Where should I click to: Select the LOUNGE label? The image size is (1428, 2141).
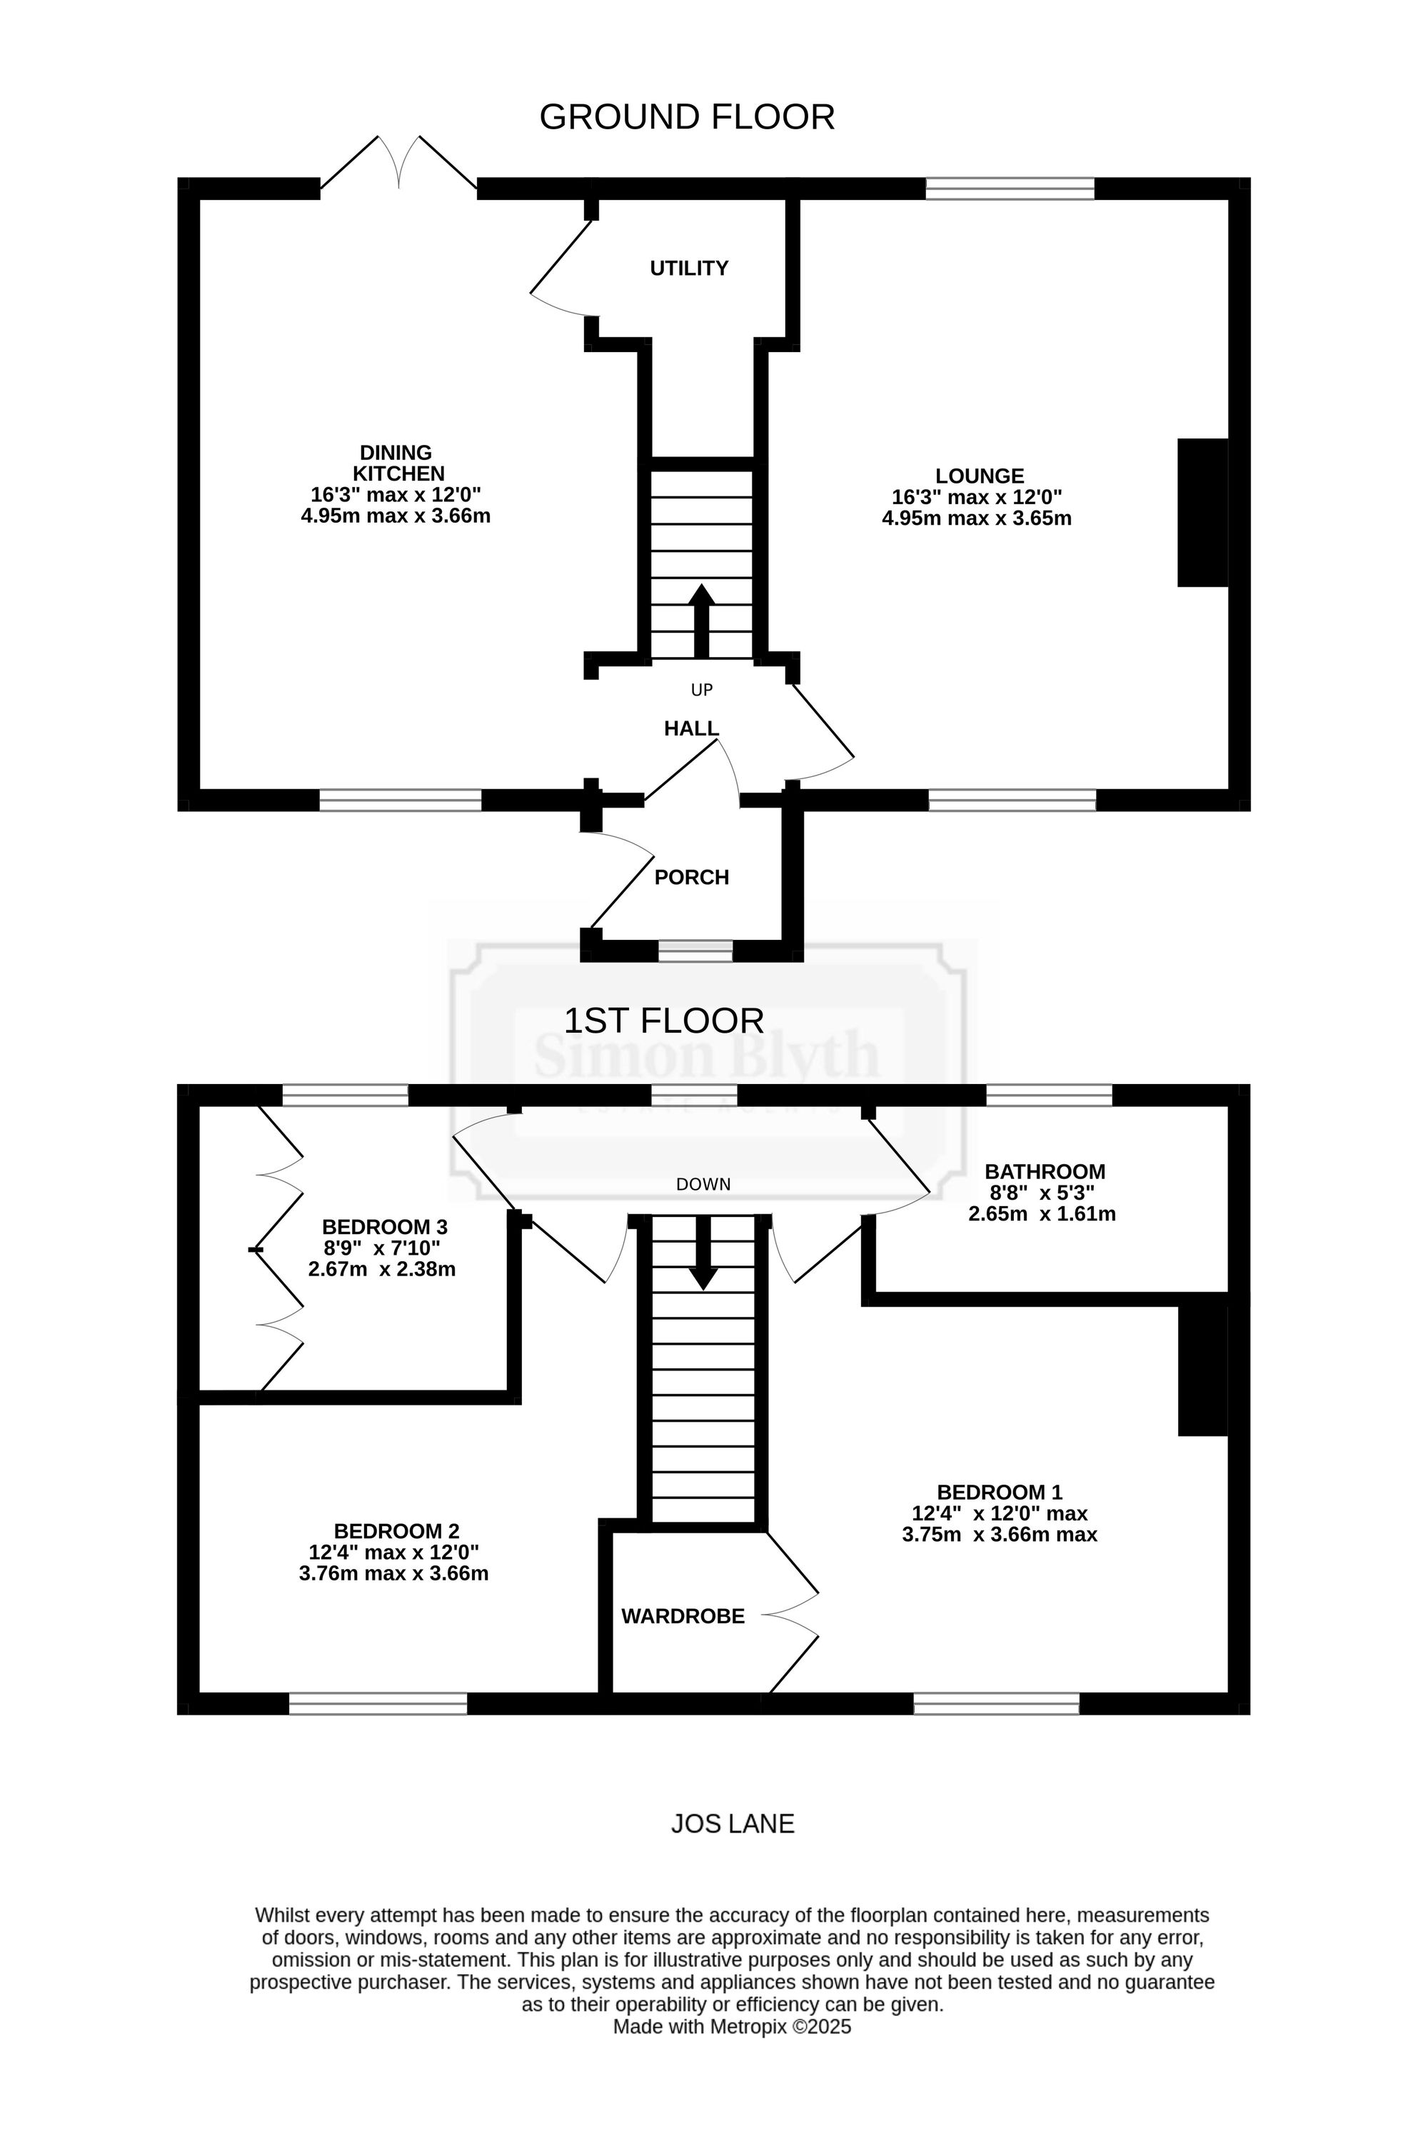[x=979, y=476]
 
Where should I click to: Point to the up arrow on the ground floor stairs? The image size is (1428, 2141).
[x=701, y=620]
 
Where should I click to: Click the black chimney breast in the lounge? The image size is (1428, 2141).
[x=1203, y=513]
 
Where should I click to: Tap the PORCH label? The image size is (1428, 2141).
[x=691, y=877]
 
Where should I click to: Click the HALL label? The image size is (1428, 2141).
[x=691, y=728]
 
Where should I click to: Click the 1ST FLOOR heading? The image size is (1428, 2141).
[x=663, y=1021]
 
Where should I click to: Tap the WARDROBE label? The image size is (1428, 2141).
[x=683, y=1615]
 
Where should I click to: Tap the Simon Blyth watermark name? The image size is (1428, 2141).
[x=707, y=1056]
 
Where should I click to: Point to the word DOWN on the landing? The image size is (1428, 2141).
[x=703, y=1184]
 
